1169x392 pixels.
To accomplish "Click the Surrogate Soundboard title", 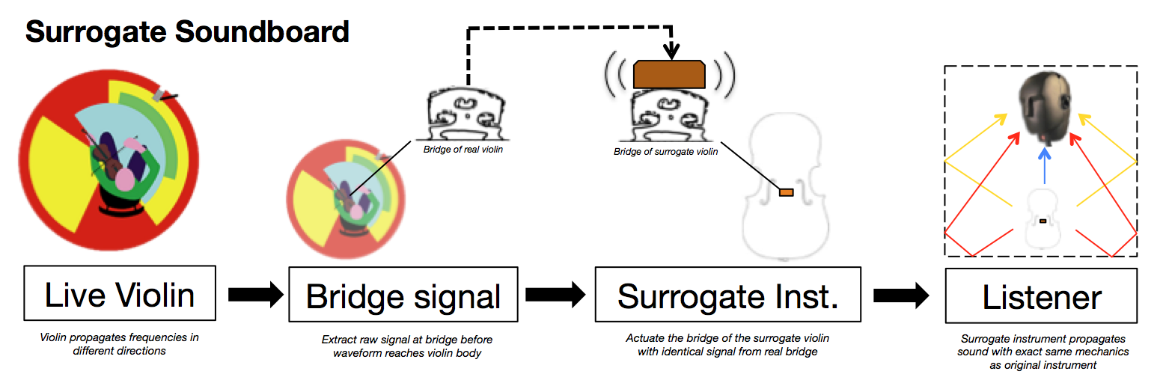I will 187,32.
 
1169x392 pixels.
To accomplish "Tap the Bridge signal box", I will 403,297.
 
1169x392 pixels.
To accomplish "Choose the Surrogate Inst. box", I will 727,297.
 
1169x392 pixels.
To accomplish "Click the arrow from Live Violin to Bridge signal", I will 254,295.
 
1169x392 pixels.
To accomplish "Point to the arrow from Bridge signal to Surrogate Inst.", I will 555,295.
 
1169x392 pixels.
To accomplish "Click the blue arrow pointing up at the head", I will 1044,165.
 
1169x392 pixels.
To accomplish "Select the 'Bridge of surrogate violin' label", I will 665,152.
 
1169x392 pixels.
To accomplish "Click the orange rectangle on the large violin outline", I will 786,193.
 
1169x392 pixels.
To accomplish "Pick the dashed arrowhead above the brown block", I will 672,52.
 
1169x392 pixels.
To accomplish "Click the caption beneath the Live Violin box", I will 119,344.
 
